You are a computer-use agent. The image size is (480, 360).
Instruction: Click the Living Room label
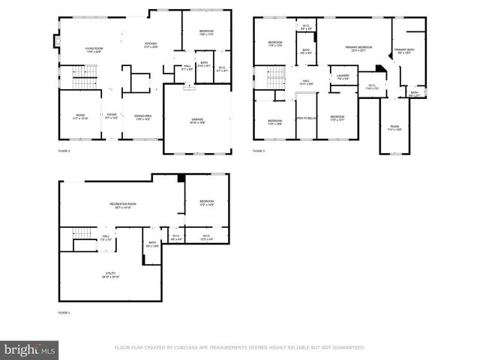tap(93, 50)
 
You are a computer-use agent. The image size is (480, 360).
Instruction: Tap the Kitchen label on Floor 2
tap(151, 46)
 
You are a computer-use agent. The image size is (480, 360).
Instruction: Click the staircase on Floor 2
tap(80, 77)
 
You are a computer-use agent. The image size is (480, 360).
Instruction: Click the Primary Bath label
tap(404, 51)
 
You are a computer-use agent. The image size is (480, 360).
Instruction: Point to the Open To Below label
tap(305, 118)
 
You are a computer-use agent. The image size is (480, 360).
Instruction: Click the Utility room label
tap(110, 274)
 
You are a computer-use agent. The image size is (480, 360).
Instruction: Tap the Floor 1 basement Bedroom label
tap(206, 202)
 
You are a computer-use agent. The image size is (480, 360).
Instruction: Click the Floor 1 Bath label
tap(152, 244)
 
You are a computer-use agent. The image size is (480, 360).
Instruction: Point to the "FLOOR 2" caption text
tap(64, 151)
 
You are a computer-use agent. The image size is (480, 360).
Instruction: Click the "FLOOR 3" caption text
tap(259, 151)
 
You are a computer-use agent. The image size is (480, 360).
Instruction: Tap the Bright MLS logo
tap(30, 349)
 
